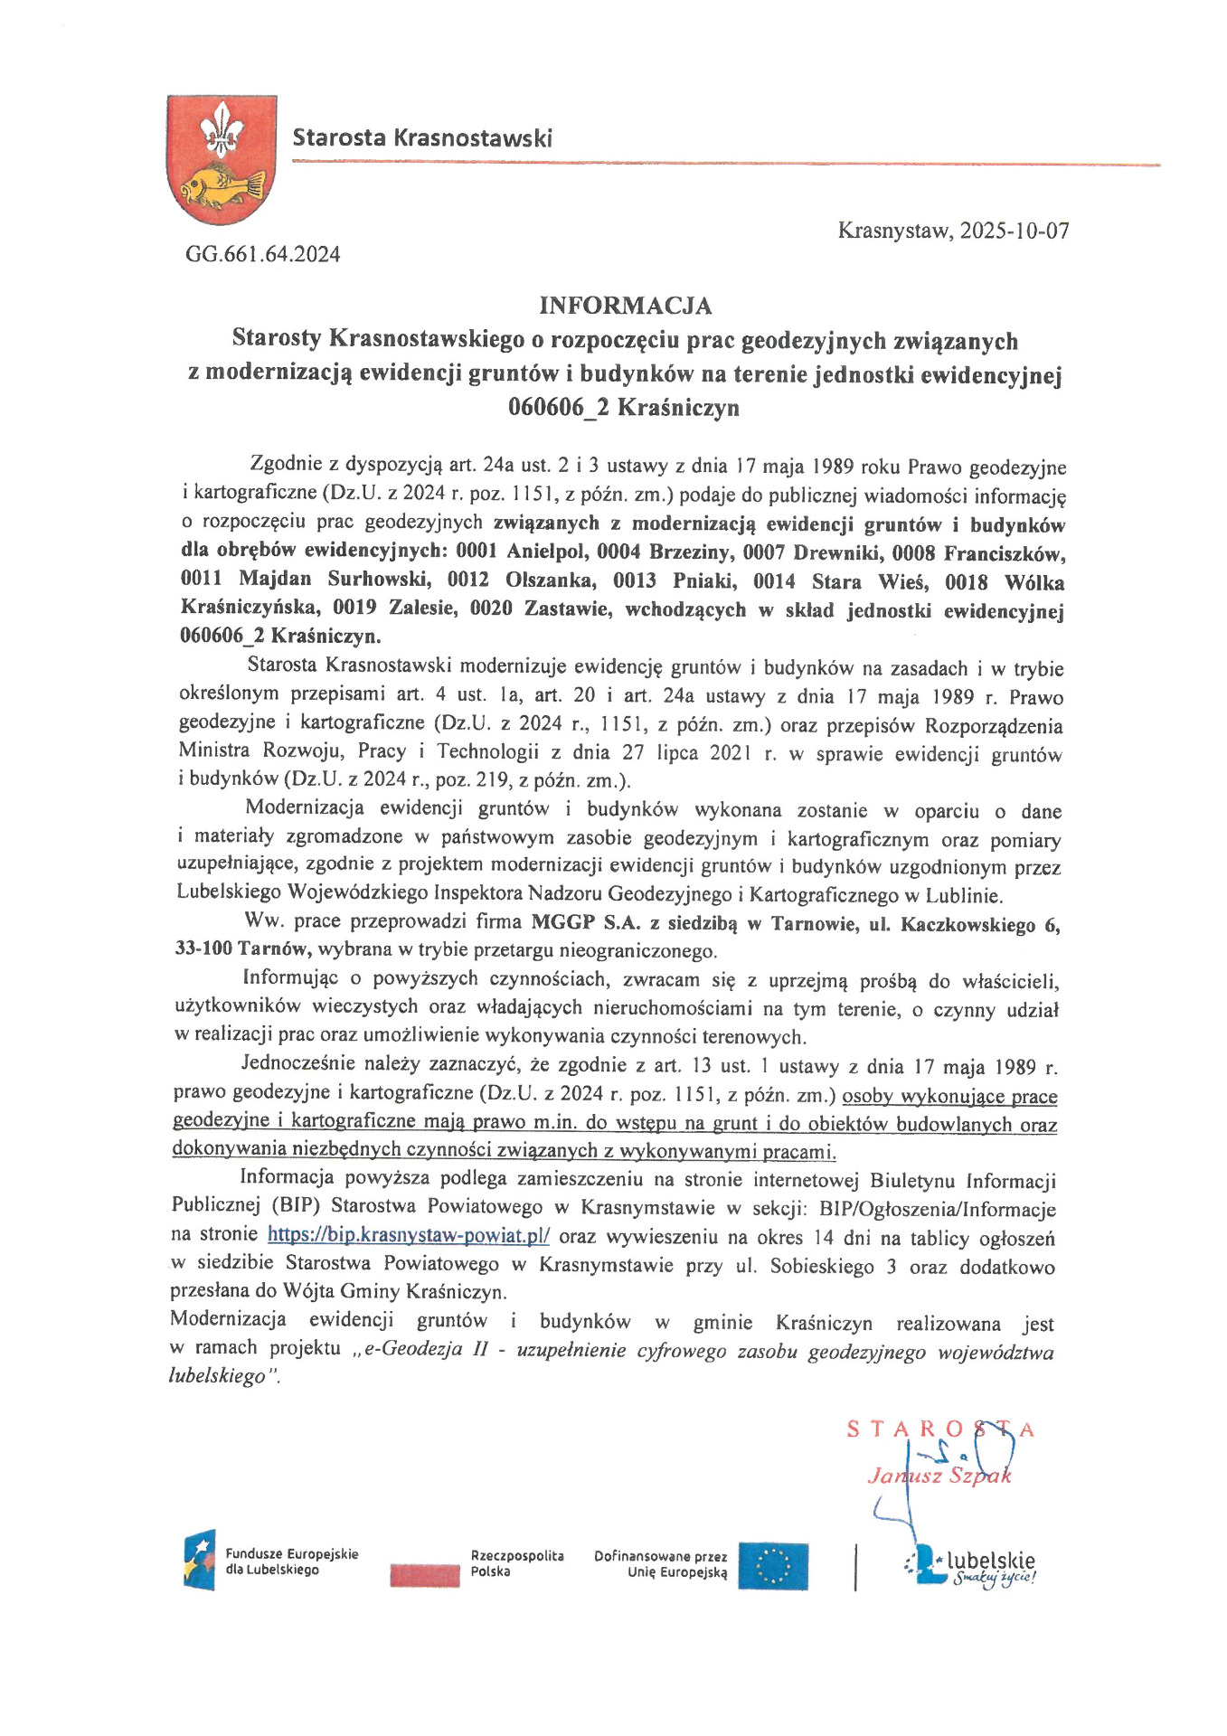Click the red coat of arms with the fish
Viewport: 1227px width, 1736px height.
[x=222, y=160]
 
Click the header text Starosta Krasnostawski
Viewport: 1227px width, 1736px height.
[x=421, y=138]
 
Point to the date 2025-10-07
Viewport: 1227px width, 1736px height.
[x=1014, y=231]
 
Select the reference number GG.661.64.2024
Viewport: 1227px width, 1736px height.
[x=263, y=254]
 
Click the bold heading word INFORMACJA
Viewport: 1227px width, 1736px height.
[x=625, y=306]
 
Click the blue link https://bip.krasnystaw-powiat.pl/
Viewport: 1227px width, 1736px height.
[x=408, y=1235]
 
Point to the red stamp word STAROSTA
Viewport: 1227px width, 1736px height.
[x=940, y=1429]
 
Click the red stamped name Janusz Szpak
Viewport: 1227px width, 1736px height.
[x=939, y=1477]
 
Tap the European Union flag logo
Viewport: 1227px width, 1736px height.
[x=772, y=1565]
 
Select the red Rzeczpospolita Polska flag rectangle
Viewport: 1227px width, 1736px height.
[x=425, y=1573]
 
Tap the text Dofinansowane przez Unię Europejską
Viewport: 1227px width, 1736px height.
[x=660, y=1565]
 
